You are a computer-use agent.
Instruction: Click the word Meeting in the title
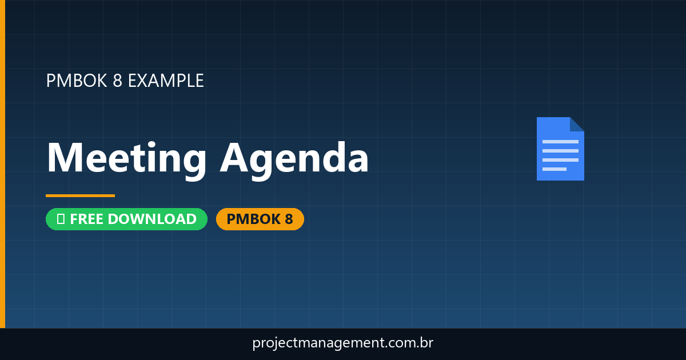pos(126,158)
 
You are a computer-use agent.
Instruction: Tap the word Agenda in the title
pos(294,159)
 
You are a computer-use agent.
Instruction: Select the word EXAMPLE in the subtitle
pos(165,81)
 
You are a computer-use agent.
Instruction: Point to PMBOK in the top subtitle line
pos(76,81)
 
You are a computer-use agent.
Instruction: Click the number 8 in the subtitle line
pos(117,81)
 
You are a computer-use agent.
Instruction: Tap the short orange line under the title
pos(80,195)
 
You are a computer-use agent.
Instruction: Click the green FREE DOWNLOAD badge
pos(126,219)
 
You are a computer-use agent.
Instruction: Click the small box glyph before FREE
pos(61,219)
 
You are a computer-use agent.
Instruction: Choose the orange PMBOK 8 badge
pos(260,219)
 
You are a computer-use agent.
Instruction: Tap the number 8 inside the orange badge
pos(288,219)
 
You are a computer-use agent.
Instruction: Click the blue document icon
pos(560,149)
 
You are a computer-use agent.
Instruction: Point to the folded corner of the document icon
pos(577,124)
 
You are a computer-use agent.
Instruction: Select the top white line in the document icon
pos(560,142)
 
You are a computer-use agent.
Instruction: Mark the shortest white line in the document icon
pos(554,169)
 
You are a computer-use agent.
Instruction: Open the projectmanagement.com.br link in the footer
pos(343,343)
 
